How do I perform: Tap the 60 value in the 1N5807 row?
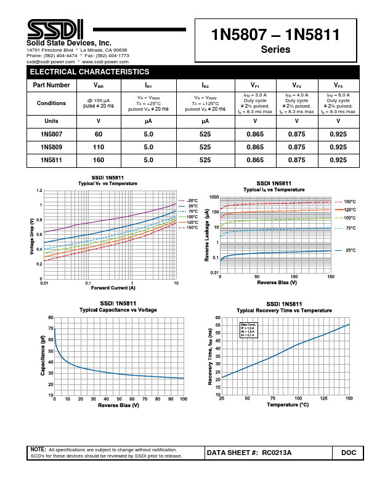[x=99, y=134]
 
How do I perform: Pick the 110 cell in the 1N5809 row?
[x=99, y=148]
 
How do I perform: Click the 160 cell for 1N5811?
[x=99, y=160]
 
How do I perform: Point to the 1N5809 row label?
[x=52, y=148]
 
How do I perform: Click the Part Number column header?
[x=52, y=85]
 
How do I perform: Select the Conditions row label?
[x=52, y=103]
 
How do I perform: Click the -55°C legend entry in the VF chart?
[x=192, y=201]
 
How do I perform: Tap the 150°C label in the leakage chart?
[x=349, y=202]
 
